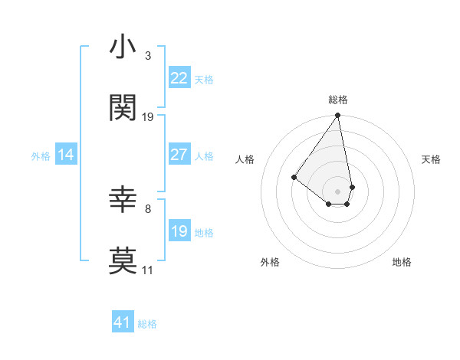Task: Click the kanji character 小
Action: click(123, 47)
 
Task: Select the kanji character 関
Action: click(123, 108)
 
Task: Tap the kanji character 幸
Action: click(123, 201)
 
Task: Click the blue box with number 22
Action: click(179, 77)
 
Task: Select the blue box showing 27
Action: click(179, 155)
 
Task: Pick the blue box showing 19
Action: click(179, 231)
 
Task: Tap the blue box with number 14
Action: click(66, 155)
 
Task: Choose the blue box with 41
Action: click(123, 322)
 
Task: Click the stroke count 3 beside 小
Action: click(147, 56)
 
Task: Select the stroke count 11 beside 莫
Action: click(147, 270)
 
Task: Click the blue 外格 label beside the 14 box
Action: click(41, 155)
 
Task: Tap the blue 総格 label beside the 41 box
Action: click(147, 324)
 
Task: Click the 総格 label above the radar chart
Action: click(338, 100)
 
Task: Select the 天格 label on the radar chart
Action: click(431, 159)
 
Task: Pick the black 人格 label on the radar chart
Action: click(245, 159)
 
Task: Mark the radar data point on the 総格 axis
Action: click(338, 116)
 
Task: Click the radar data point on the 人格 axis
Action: click(294, 177)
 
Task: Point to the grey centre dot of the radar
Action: click(338, 191)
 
